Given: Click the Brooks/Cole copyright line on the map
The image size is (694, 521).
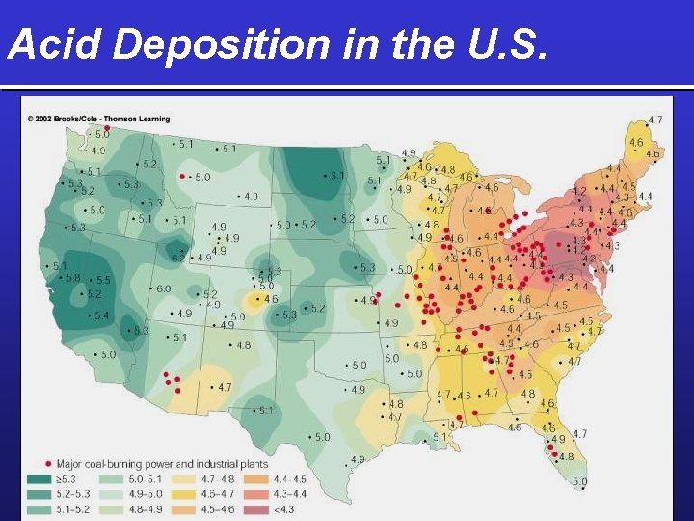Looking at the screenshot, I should pyautogui.click(x=98, y=119).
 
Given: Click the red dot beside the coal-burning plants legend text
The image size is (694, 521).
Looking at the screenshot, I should pyautogui.click(x=49, y=462).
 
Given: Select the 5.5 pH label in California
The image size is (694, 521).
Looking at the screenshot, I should pyautogui.click(x=103, y=280).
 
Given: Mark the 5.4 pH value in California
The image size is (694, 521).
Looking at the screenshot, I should pyautogui.click(x=100, y=315).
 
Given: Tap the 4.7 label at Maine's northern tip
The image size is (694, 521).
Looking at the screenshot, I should pyautogui.click(x=654, y=120).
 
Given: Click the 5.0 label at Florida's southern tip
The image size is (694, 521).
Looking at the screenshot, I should pyautogui.click(x=580, y=480).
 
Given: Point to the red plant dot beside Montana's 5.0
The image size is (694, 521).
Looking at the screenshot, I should pyautogui.click(x=182, y=177).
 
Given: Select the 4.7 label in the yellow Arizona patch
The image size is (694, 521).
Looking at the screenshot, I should pyautogui.click(x=223, y=387).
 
